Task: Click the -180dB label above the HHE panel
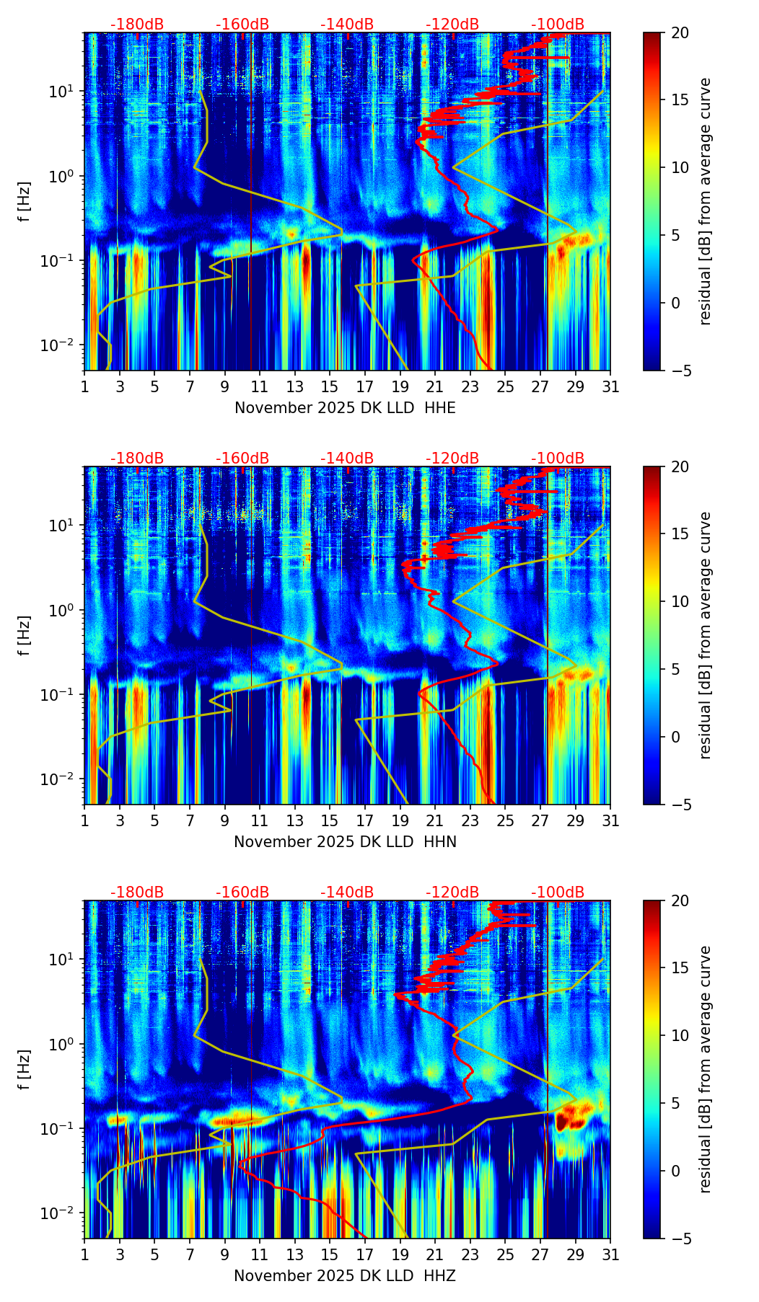[137, 25]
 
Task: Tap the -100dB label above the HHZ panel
[558, 893]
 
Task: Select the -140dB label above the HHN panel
[347, 459]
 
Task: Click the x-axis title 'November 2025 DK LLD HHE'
[345, 408]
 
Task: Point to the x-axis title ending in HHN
[345, 842]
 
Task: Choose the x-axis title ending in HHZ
[345, 1276]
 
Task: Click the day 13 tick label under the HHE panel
[294, 387]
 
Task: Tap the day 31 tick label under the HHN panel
[610, 821]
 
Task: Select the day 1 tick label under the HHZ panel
[85, 1255]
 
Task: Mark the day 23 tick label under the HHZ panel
[470, 1255]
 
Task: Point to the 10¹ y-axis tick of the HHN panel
[62, 525]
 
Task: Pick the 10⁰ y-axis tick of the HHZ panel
[62, 1045]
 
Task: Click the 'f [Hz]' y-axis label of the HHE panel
[25, 202]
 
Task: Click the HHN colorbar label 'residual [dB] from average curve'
[706, 635]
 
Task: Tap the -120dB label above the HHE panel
[452, 25]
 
